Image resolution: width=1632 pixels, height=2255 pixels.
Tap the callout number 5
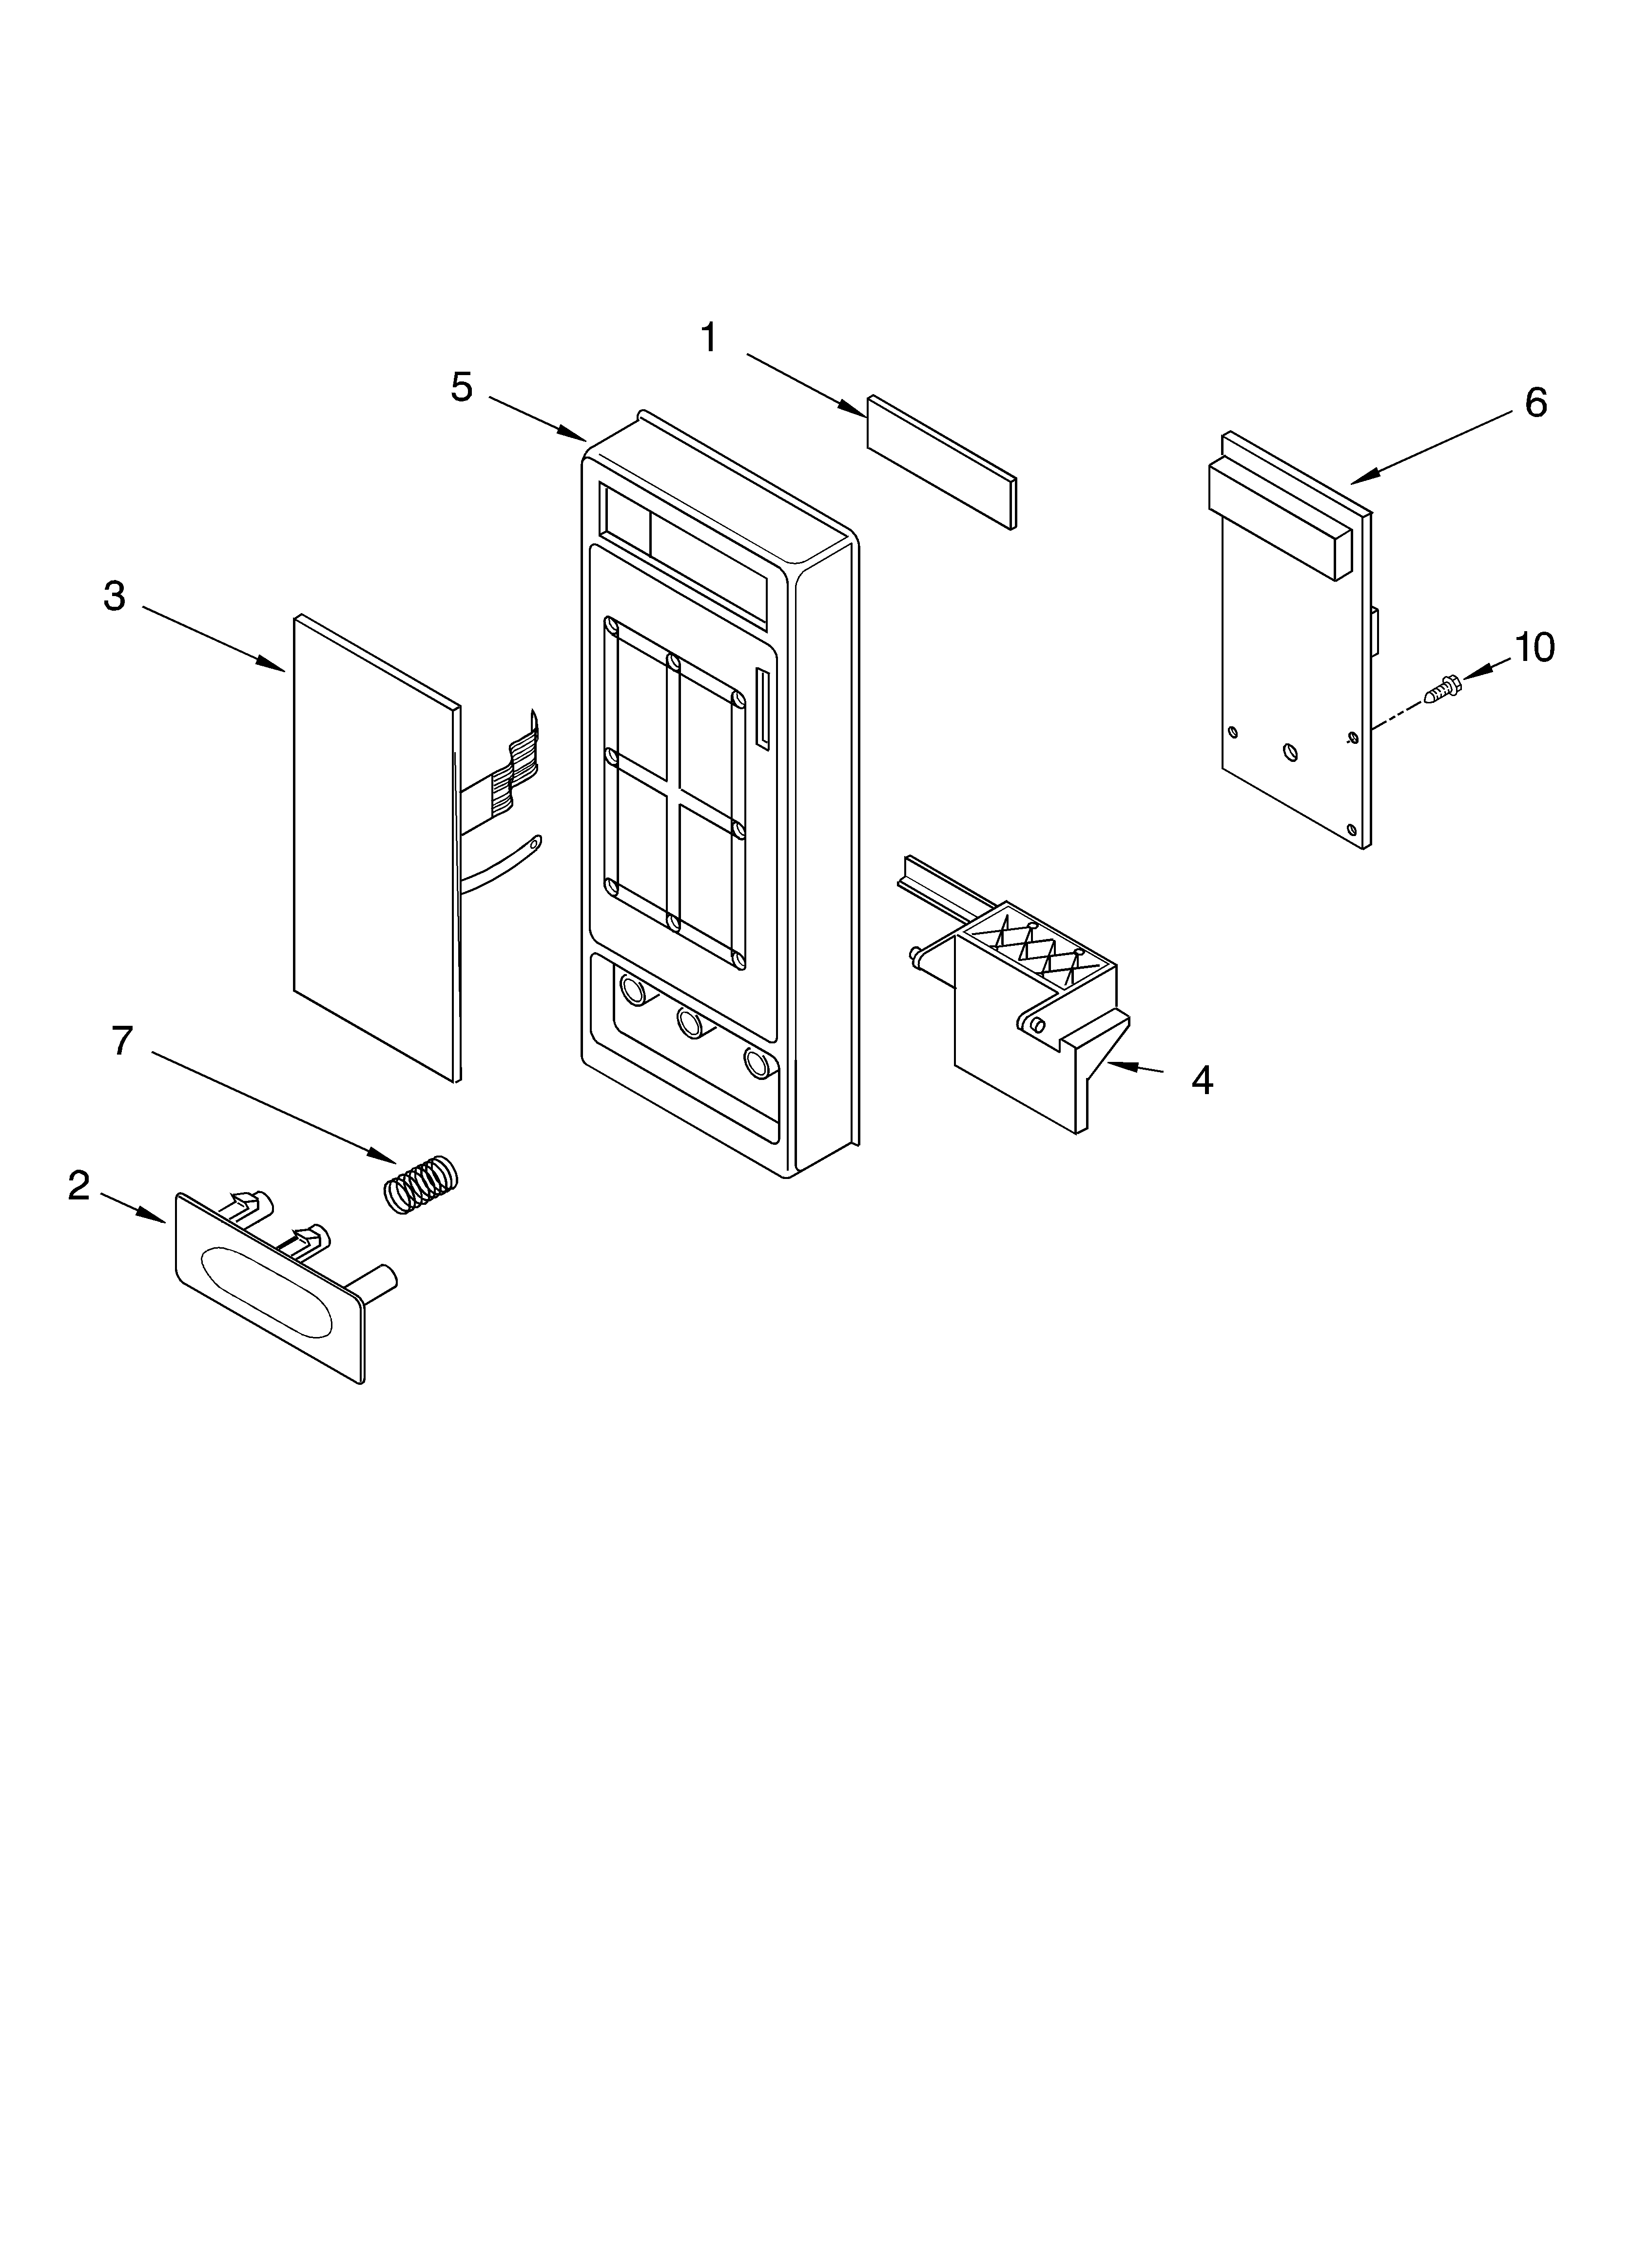tap(461, 387)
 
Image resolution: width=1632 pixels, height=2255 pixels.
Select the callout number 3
tap(114, 597)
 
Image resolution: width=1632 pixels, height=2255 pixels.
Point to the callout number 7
tap(121, 1041)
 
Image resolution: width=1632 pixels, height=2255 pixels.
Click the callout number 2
tap(78, 1185)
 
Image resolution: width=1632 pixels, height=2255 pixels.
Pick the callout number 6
tap(1535, 403)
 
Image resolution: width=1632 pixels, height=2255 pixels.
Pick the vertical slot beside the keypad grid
tap(762, 708)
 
